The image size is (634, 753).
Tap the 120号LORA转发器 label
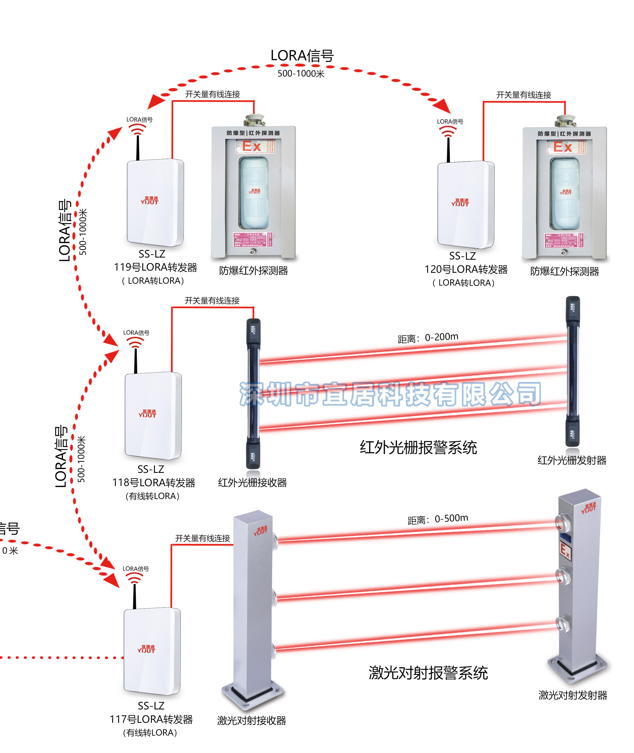click(466, 269)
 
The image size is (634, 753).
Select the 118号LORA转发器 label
click(154, 482)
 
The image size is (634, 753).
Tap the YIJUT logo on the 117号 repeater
click(146, 649)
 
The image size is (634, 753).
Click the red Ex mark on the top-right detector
click(562, 147)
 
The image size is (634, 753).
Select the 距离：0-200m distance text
click(428, 338)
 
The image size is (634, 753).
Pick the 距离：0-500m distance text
click(437, 519)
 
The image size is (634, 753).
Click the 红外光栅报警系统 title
click(418, 448)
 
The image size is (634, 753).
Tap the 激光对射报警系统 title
click(428, 673)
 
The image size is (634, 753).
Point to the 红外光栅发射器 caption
click(572, 460)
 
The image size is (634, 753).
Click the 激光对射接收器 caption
click(251, 720)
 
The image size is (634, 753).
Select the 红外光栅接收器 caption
click(252, 482)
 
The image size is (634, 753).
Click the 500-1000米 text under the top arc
click(301, 74)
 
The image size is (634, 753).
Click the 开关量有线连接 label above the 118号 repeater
click(212, 301)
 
